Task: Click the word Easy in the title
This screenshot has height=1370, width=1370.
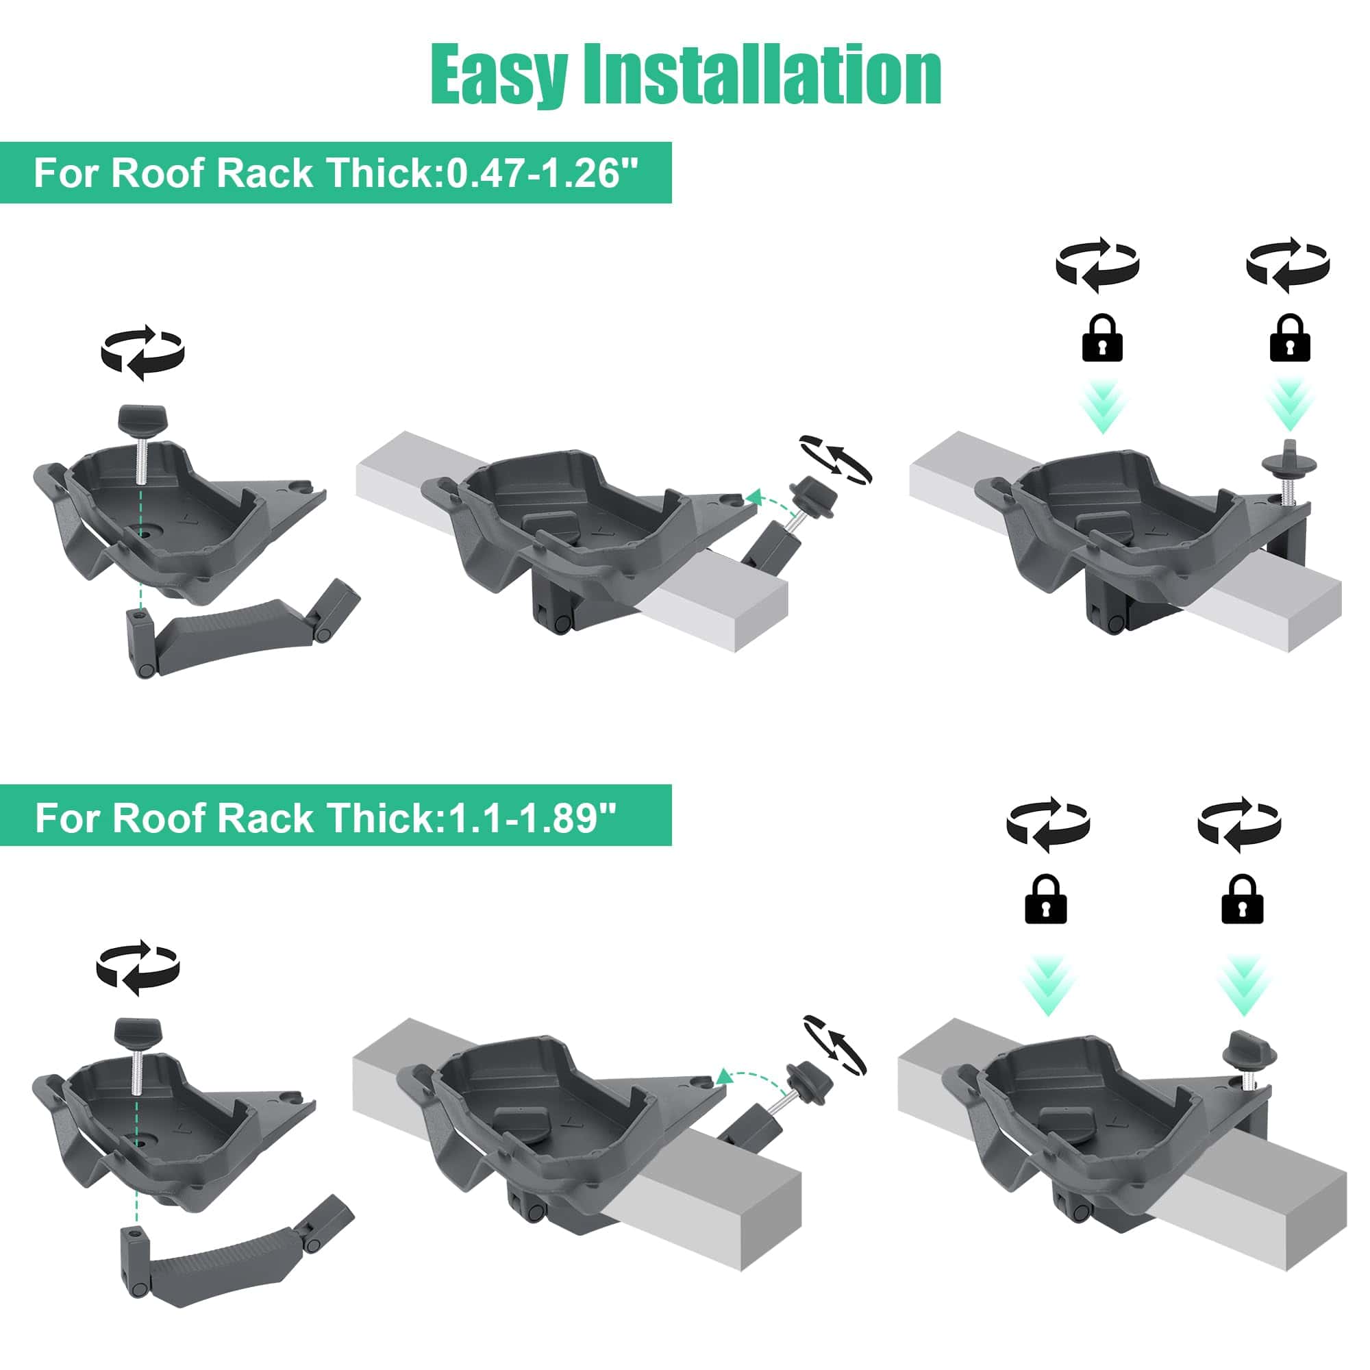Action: point(499,76)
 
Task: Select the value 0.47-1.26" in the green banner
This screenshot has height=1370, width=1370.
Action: point(543,173)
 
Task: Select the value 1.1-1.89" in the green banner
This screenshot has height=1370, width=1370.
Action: point(532,819)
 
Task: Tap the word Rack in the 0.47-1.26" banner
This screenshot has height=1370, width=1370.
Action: point(264,173)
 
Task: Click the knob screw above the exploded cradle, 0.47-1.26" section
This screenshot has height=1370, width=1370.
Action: point(142,444)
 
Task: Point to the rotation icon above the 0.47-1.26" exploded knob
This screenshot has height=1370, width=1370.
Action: point(143,352)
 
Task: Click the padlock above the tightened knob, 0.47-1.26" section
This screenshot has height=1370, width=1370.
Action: point(1289,338)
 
